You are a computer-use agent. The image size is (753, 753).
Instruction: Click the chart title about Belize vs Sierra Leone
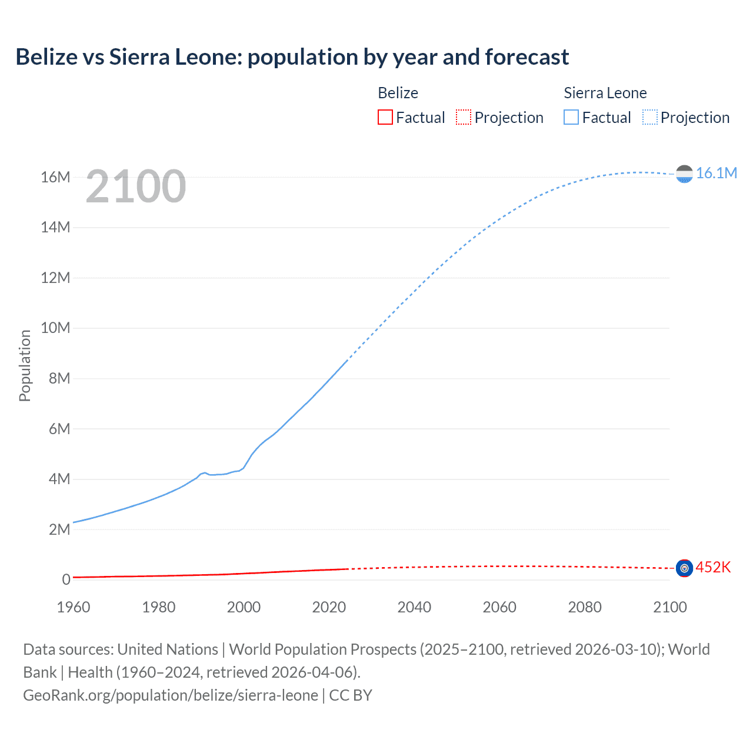point(292,57)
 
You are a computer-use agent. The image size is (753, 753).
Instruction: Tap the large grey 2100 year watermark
point(136,186)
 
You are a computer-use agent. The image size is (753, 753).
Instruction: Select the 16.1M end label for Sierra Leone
point(716,173)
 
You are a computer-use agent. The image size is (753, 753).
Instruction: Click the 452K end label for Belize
point(713,567)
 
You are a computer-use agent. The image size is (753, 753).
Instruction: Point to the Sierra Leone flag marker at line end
point(684,174)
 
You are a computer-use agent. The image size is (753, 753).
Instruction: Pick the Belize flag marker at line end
point(684,568)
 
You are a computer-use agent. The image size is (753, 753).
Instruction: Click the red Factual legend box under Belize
point(385,118)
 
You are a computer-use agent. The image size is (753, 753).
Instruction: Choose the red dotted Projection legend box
point(464,118)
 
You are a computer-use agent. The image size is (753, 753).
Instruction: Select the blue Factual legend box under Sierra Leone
point(571,118)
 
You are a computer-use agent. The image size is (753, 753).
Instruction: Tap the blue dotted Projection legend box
point(650,118)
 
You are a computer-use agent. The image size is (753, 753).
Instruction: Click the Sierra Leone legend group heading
point(605,93)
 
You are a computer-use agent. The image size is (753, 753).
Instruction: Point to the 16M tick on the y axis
point(55,177)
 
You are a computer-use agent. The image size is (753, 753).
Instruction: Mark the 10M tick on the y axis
point(55,328)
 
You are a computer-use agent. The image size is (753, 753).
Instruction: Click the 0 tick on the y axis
point(66,579)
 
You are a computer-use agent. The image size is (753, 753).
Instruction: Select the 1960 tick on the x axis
point(74,607)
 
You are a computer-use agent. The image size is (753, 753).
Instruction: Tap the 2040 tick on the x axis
point(414,607)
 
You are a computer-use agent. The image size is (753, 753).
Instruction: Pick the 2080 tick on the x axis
point(585,607)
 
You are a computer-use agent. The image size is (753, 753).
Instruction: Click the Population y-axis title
point(25,365)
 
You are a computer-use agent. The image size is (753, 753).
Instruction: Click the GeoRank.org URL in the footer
point(171,695)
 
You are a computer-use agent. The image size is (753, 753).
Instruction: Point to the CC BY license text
point(351,695)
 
